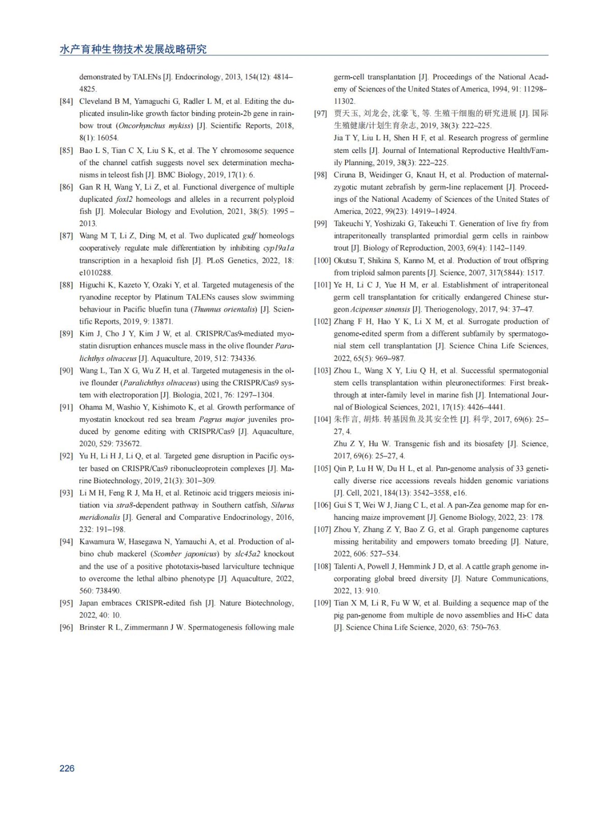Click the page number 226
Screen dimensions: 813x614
(x=67, y=768)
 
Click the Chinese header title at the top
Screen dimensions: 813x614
(x=133, y=49)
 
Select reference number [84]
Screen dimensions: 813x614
(x=66, y=101)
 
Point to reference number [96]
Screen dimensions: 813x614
(x=66, y=627)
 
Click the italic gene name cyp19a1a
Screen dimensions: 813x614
(x=278, y=248)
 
